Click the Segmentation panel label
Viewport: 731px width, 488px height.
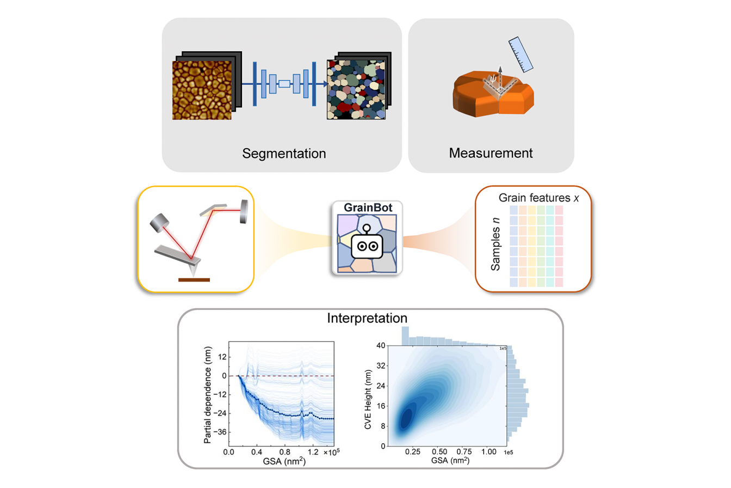(x=285, y=152)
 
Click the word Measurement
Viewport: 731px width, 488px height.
(x=491, y=152)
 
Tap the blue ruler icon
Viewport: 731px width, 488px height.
(x=521, y=55)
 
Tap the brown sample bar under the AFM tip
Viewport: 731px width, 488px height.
(x=194, y=280)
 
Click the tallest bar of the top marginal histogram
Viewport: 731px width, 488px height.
(x=405, y=335)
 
